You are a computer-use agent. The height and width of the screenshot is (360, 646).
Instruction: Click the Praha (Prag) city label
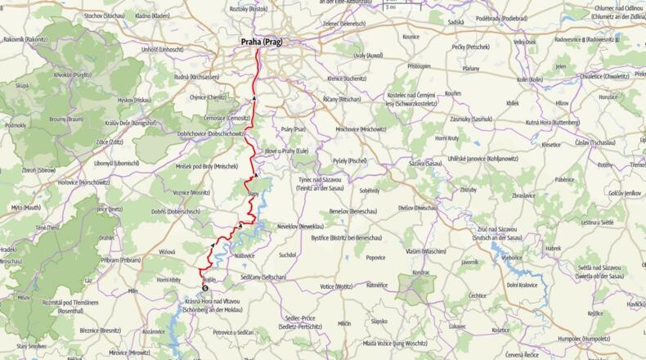tap(260, 42)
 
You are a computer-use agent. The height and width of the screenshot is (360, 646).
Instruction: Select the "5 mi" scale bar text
tap(391, 7)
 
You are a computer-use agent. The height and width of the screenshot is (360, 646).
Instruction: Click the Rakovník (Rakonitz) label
tap(27, 39)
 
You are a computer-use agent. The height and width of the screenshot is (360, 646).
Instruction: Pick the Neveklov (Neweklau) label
tap(299, 225)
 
